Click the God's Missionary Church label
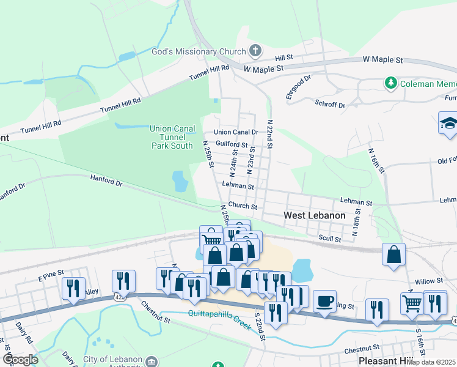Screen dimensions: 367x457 tap(198, 52)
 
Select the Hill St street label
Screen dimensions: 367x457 tap(284, 57)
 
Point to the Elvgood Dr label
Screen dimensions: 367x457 tap(298, 87)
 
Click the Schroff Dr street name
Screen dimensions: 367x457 tap(330, 105)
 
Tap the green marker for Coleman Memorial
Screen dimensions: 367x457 tap(389, 83)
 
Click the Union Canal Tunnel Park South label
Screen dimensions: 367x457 tap(172, 137)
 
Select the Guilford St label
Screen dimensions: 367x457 tap(232, 145)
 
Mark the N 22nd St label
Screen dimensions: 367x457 tap(269, 134)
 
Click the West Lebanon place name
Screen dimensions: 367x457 tap(315, 216)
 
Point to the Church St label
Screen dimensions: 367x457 tap(243, 207)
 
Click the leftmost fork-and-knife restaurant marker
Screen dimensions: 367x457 tap(73, 288)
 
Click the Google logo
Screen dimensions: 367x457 tap(20, 360)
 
